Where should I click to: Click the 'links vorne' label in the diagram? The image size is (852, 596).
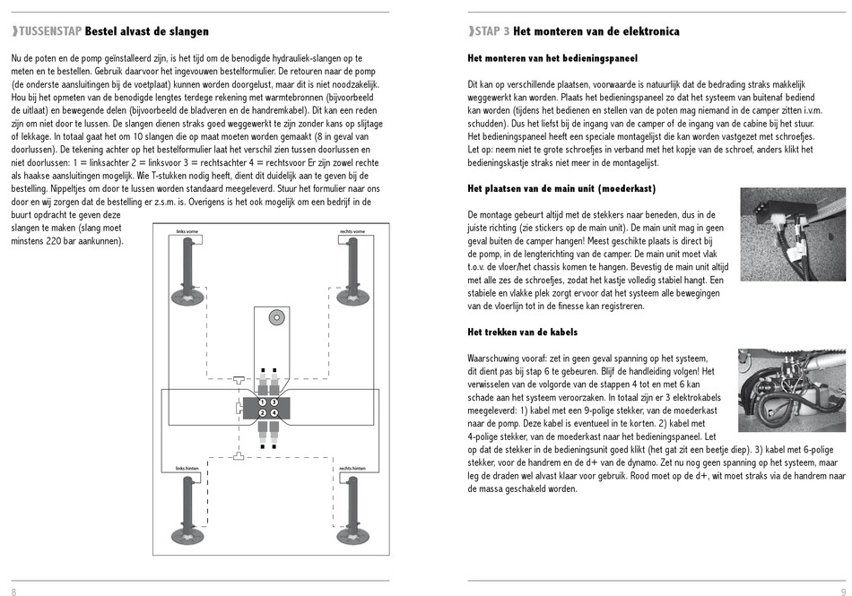tap(187, 232)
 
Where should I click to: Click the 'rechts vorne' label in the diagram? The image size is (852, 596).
tap(352, 232)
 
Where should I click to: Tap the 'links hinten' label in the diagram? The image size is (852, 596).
tap(187, 469)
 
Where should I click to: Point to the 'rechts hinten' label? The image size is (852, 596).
tap(352, 469)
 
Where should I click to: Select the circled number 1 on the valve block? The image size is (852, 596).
tap(263, 402)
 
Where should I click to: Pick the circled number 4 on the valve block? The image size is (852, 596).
tap(274, 413)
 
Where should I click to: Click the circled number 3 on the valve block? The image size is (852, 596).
tap(274, 402)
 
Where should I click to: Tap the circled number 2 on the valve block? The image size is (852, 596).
tap(263, 413)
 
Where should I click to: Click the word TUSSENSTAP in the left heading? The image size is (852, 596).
tap(49, 31)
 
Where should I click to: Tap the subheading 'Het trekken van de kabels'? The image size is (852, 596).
tap(522, 333)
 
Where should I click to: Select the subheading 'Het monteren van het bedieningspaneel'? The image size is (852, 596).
tap(552, 58)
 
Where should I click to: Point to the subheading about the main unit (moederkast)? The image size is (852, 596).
tap(561, 189)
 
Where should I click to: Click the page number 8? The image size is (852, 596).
tap(13, 592)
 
